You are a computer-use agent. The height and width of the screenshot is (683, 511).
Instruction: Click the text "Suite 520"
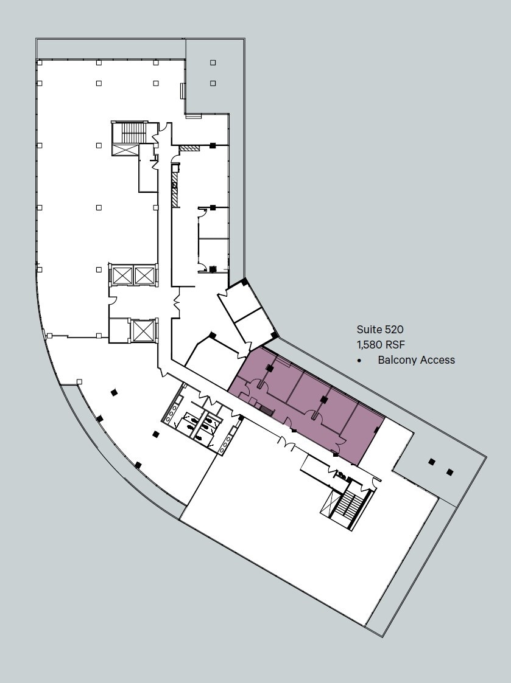pos(380,330)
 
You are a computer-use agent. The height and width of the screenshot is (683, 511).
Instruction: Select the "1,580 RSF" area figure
pos(381,344)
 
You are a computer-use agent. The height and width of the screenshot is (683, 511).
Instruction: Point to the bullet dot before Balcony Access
pos(360,361)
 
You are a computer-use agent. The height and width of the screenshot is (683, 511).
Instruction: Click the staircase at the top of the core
pos(132,132)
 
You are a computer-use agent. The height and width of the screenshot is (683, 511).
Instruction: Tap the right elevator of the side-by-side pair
pos(144,276)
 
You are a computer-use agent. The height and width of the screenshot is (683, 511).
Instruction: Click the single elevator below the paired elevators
pos(143,331)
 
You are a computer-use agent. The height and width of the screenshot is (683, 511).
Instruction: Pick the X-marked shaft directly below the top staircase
pos(125,150)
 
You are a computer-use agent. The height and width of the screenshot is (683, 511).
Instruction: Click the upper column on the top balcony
pos(213,63)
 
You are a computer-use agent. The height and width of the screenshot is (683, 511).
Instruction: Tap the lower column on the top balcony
pos(213,83)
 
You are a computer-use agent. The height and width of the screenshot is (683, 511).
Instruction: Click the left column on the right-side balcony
pos(431,462)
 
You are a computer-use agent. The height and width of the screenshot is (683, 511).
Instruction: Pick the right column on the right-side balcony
pos(449,471)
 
